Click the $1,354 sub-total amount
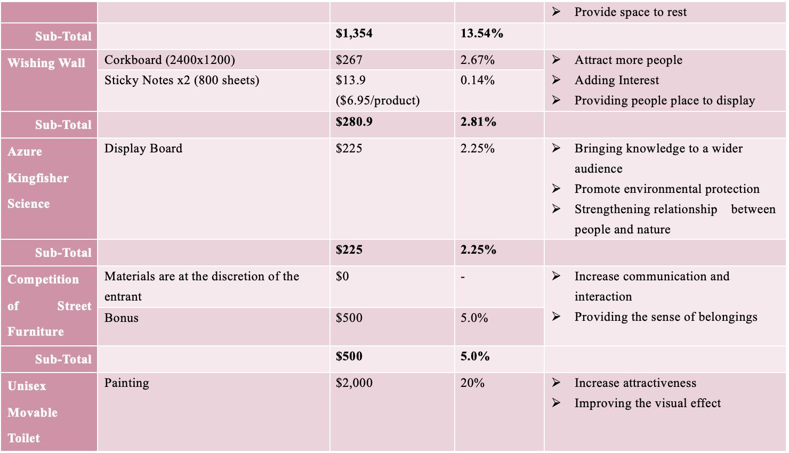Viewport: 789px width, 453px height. click(x=353, y=34)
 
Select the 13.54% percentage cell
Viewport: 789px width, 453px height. click(x=481, y=34)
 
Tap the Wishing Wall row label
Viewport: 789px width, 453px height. click(x=46, y=63)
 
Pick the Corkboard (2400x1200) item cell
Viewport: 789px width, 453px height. click(x=170, y=60)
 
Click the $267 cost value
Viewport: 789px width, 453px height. click(x=349, y=60)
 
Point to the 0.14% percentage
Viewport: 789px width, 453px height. click(x=477, y=80)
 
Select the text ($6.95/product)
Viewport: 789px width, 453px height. click(x=377, y=101)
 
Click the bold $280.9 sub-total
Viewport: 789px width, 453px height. click(x=354, y=122)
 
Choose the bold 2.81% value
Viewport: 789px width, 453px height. click(x=478, y=122)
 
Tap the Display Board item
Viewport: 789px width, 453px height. click(x=143, y=148)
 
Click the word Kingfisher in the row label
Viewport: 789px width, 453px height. click(x=38, y=178)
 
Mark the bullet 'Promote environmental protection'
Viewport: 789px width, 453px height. click(x=667, y=189)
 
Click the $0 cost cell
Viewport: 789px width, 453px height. click(x=342, y=276)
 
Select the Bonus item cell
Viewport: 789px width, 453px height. click(x=121, y=318)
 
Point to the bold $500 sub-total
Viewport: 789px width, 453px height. click(x=349, y=356)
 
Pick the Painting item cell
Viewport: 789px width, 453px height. click(x=126, y=383)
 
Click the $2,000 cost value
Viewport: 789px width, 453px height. click(x=354, y=383)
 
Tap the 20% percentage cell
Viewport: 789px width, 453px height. click(x=472, y=383)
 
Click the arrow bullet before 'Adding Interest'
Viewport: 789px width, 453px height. click(x=556, y=80)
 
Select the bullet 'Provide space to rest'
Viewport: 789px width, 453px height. click(x=631, y=12)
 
